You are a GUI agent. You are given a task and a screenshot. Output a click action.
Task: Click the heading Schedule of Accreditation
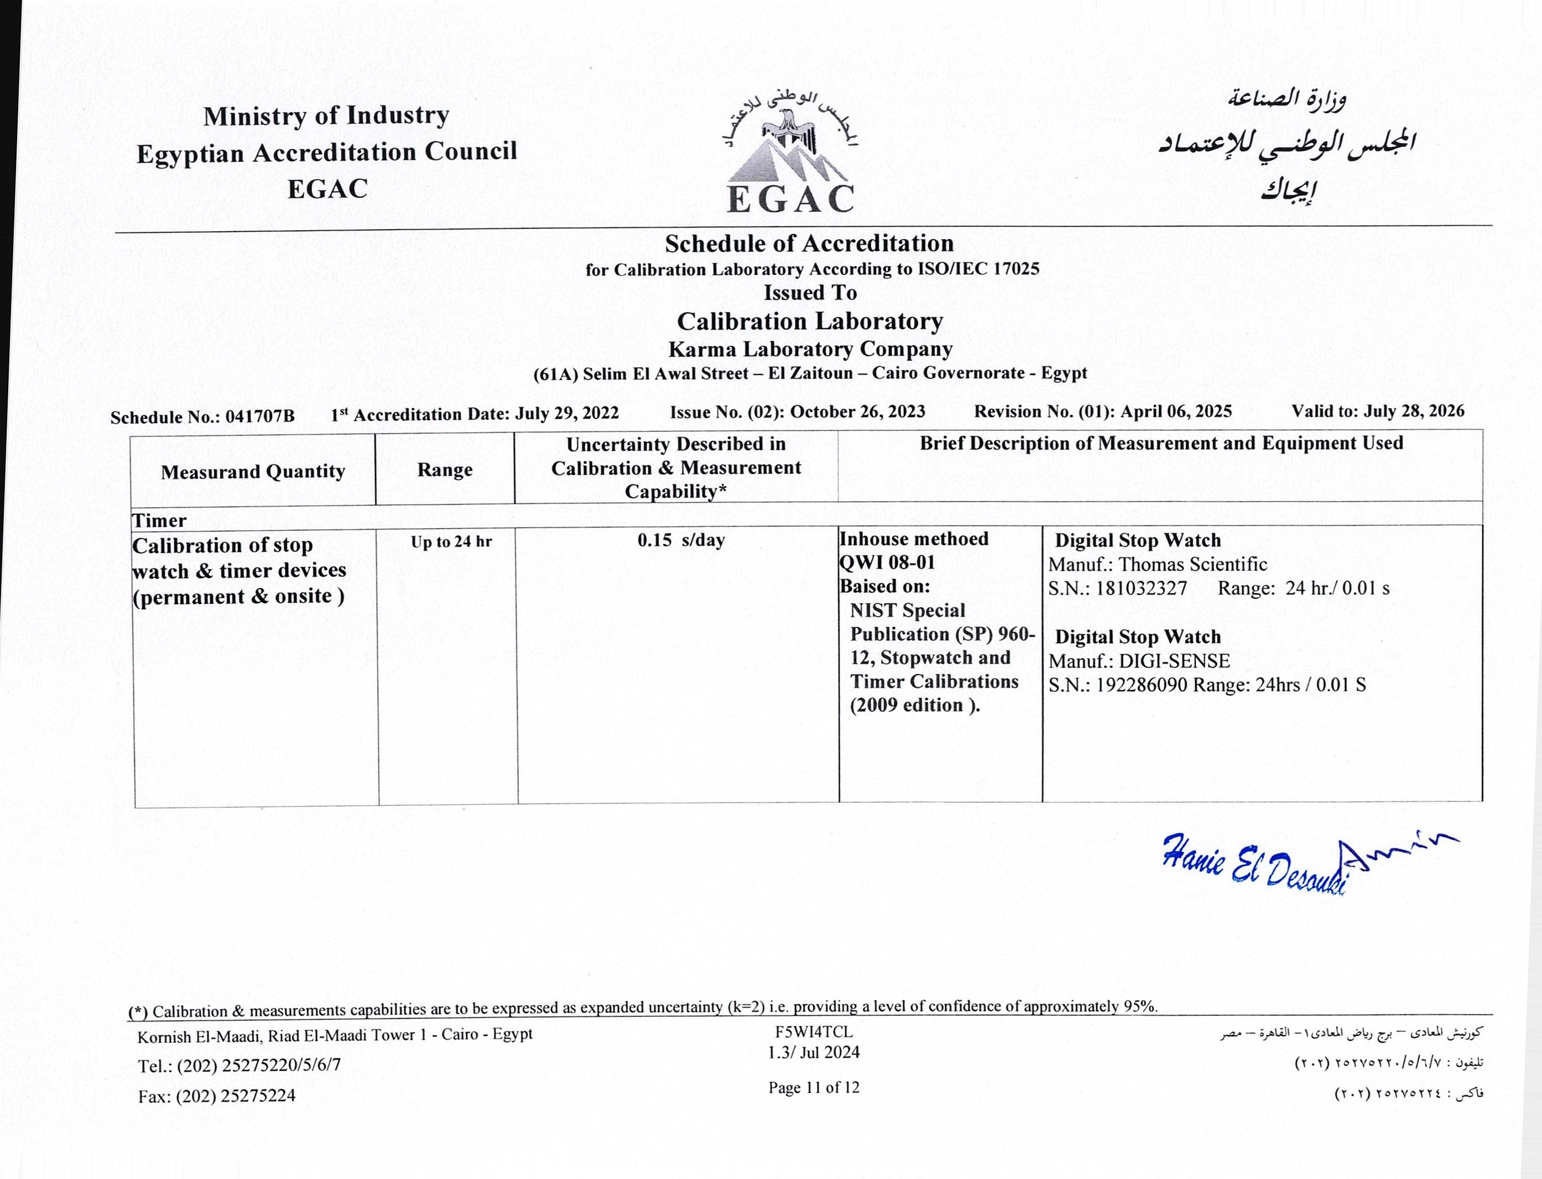pyautogui.click(x=809, y=243)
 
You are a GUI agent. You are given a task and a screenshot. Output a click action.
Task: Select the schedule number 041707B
pyautogui.click(x=260, y=417)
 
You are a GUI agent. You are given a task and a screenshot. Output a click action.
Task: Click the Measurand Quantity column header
pyautogui.click(x=253, y=472)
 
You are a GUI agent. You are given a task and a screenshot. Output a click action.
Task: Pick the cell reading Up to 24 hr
pyautogui.click(x=451, y=542)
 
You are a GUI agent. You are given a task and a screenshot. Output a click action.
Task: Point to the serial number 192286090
pyautogui.click(x=1141, y=685)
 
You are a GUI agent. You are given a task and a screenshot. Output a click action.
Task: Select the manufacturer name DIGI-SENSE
pyautogui.click(x=1174, y=661)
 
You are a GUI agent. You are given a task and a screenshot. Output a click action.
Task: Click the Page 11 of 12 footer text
pyautogui.click(x=814, y=1088)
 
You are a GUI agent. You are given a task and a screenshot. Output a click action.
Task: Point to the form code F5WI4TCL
pyautogui.click(x=814, y=1032)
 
